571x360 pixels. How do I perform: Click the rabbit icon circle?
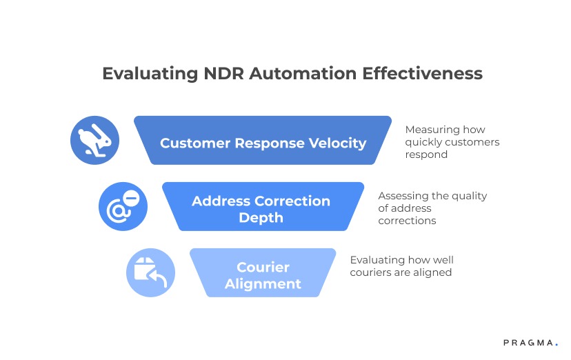click(94, 140)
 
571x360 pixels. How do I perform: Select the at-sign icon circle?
click(123, 206)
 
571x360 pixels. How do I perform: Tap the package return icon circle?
click(150, 272)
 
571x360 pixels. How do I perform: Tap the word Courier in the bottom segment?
click(263, 267)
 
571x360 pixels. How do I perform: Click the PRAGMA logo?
click(529, 342)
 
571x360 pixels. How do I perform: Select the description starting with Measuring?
click(452, 142)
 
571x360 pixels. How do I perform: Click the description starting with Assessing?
click(432, 208)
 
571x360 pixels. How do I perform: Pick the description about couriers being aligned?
click(401, 266)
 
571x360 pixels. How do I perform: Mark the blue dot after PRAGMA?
click(556, 344)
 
